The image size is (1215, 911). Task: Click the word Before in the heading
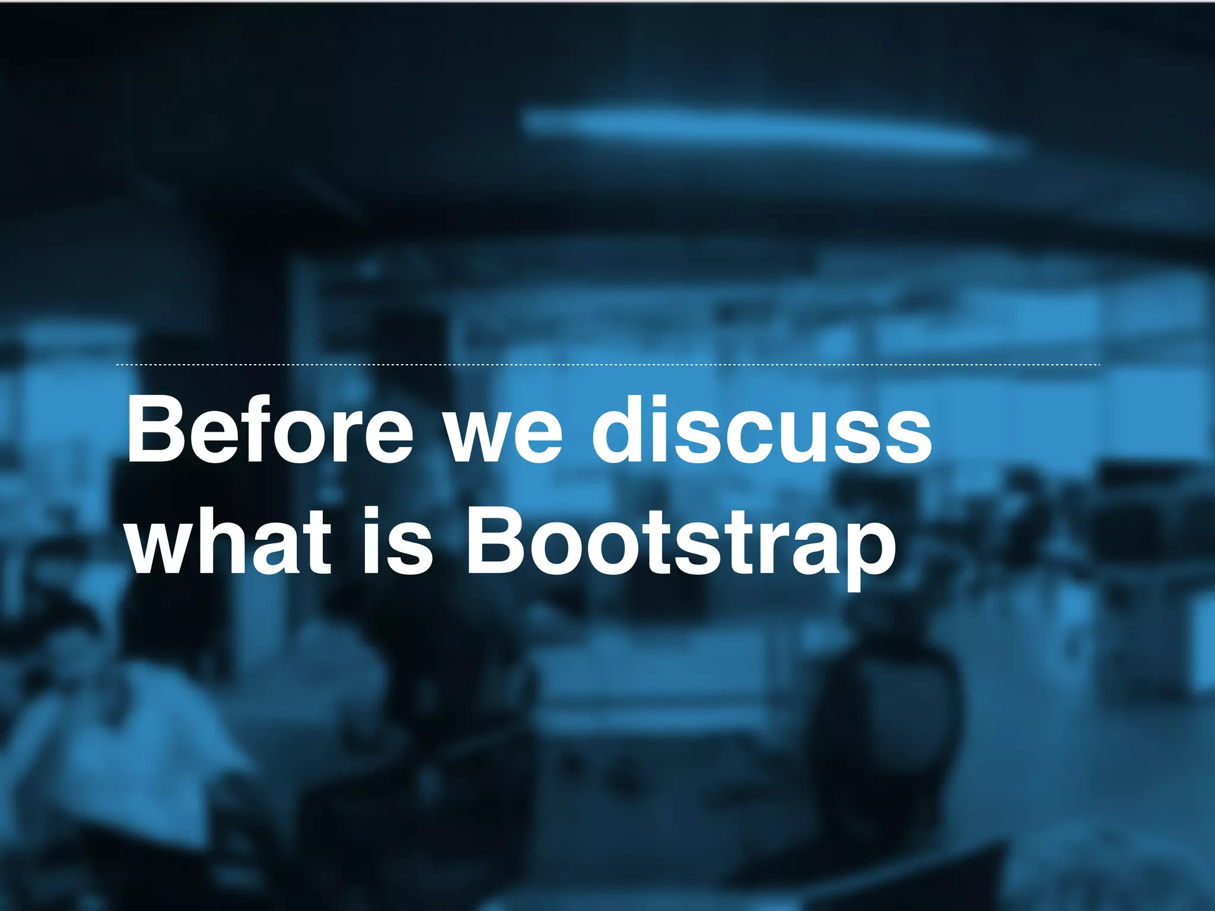pyautogui.click(x=270, y=430)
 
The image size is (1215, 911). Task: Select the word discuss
pyautogui.click(x=761, y=430)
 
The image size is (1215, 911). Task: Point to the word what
pyautogui.click(x=228, y=541)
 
